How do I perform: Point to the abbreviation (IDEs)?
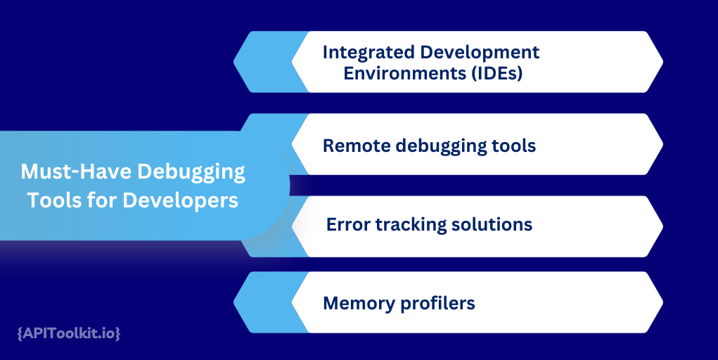pyautogui.click(x=495, y=73)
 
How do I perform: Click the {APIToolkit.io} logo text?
pyautogui.click(x=68, y=333)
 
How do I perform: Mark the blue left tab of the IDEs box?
pyautogui.click(x=264, y=62)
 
